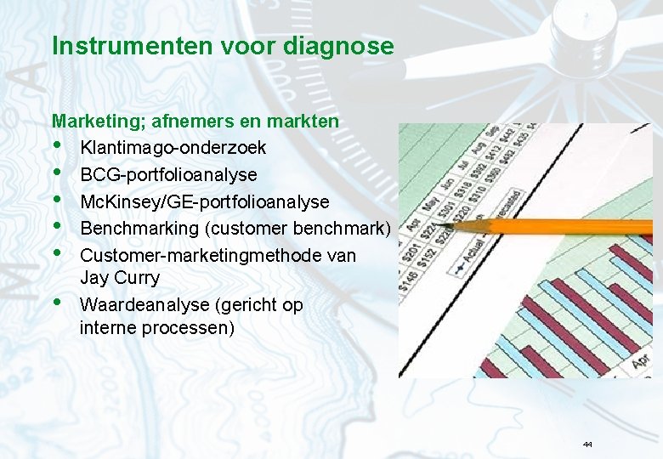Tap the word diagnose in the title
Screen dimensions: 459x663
[x=345, y=46]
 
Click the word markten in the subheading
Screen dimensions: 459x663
[x=307, y=122]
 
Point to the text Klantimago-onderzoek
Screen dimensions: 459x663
[x=173, y=148]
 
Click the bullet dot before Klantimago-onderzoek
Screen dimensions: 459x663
[x=57, y=147]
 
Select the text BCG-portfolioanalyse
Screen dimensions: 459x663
[x=168, y=175]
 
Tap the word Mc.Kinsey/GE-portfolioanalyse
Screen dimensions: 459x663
[x=204, y=202]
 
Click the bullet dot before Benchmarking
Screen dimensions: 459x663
[x=57, y=227]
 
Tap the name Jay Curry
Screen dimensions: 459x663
[x=119, y=278]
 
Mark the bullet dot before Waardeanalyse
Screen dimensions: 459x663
[x=57, y=303]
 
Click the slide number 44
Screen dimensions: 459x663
[x=587, y=445]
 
